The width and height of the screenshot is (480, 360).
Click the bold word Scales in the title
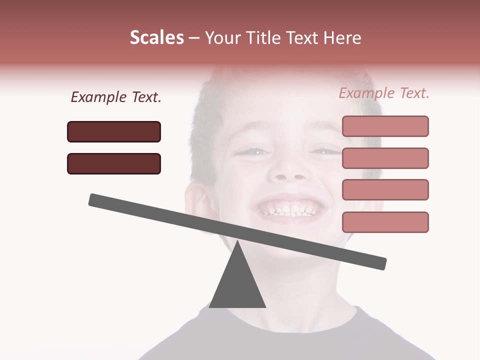click(157, 38)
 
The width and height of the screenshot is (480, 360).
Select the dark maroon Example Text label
click(116, 97)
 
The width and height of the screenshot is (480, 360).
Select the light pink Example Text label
click(384, 93)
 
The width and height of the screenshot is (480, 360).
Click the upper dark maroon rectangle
click(114, 131)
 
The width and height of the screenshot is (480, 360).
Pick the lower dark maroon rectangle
click(114, 163)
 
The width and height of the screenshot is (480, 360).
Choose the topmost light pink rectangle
click(385, 126)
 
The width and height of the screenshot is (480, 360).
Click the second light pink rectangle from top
click(385, 158)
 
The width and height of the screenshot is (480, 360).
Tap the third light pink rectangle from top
click(385, 190)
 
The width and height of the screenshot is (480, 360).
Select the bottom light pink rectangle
click(385, 222)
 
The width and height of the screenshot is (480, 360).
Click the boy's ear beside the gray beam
click(199, 202)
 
